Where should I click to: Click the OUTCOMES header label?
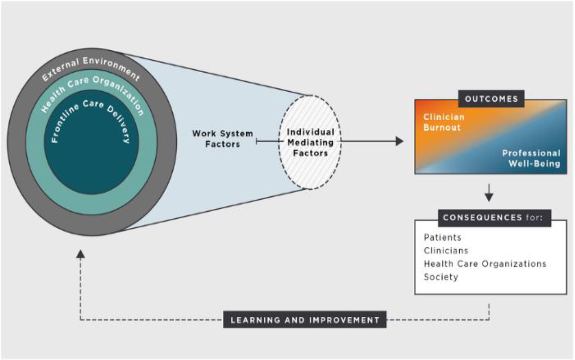click(491, 99)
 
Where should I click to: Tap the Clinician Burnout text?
click(444, 122)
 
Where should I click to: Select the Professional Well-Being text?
click(531, 158)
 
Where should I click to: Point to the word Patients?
click(442, 237)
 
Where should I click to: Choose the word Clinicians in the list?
click(446, 251)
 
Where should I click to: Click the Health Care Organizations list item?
click(485, 264)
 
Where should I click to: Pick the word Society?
click(441, 277)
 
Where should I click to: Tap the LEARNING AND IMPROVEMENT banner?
click(305, 320)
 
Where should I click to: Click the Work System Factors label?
click(223, 139)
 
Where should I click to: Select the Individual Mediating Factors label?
click(310, 143)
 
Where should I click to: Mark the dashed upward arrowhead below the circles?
click(80, 254)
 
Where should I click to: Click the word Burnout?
click(442, 127)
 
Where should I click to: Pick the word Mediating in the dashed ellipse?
click(310, 143)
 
